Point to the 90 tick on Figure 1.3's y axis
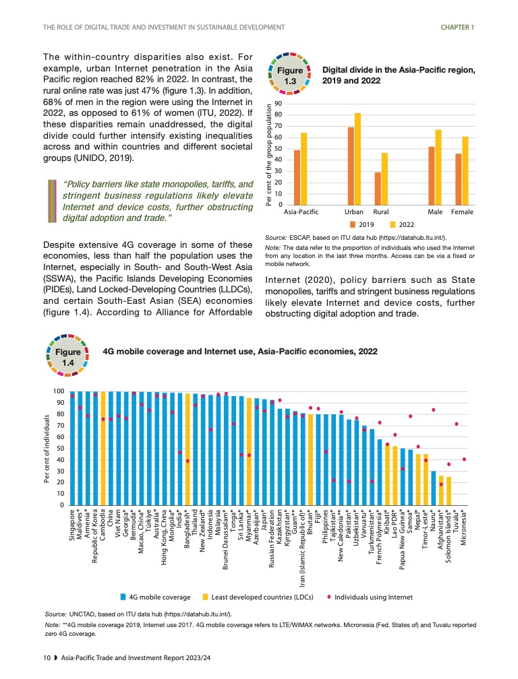pyautogui.click(x=277, y=104)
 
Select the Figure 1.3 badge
pyautogui.click(x=290, y=75)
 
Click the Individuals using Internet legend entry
pyautogui.click(x=373, y=597)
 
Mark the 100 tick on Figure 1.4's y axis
pyautogui.click(x=58, y=391)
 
